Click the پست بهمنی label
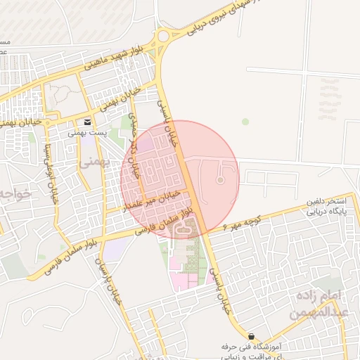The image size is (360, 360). tap(83, 132)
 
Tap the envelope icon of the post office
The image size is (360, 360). tap(88, 122)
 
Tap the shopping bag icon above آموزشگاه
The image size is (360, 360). tap(251, 335)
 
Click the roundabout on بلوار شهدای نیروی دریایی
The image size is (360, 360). tap(163, 35)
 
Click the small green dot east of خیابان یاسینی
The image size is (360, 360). tap(245, 122)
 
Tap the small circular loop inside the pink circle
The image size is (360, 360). tap(219, 180)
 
